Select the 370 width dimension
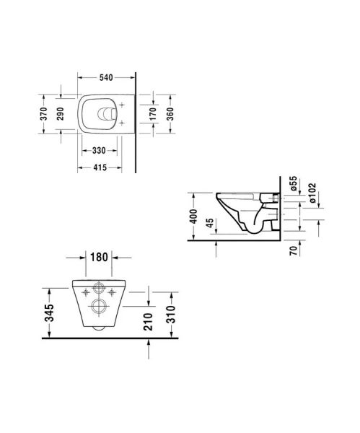click(44, 114)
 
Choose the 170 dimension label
click(154, 114)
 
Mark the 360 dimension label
click(172, 114)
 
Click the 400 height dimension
click(192, 216)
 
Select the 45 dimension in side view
click(209, 224)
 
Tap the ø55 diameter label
click(294, 183)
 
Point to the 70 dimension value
click(296, 253)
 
